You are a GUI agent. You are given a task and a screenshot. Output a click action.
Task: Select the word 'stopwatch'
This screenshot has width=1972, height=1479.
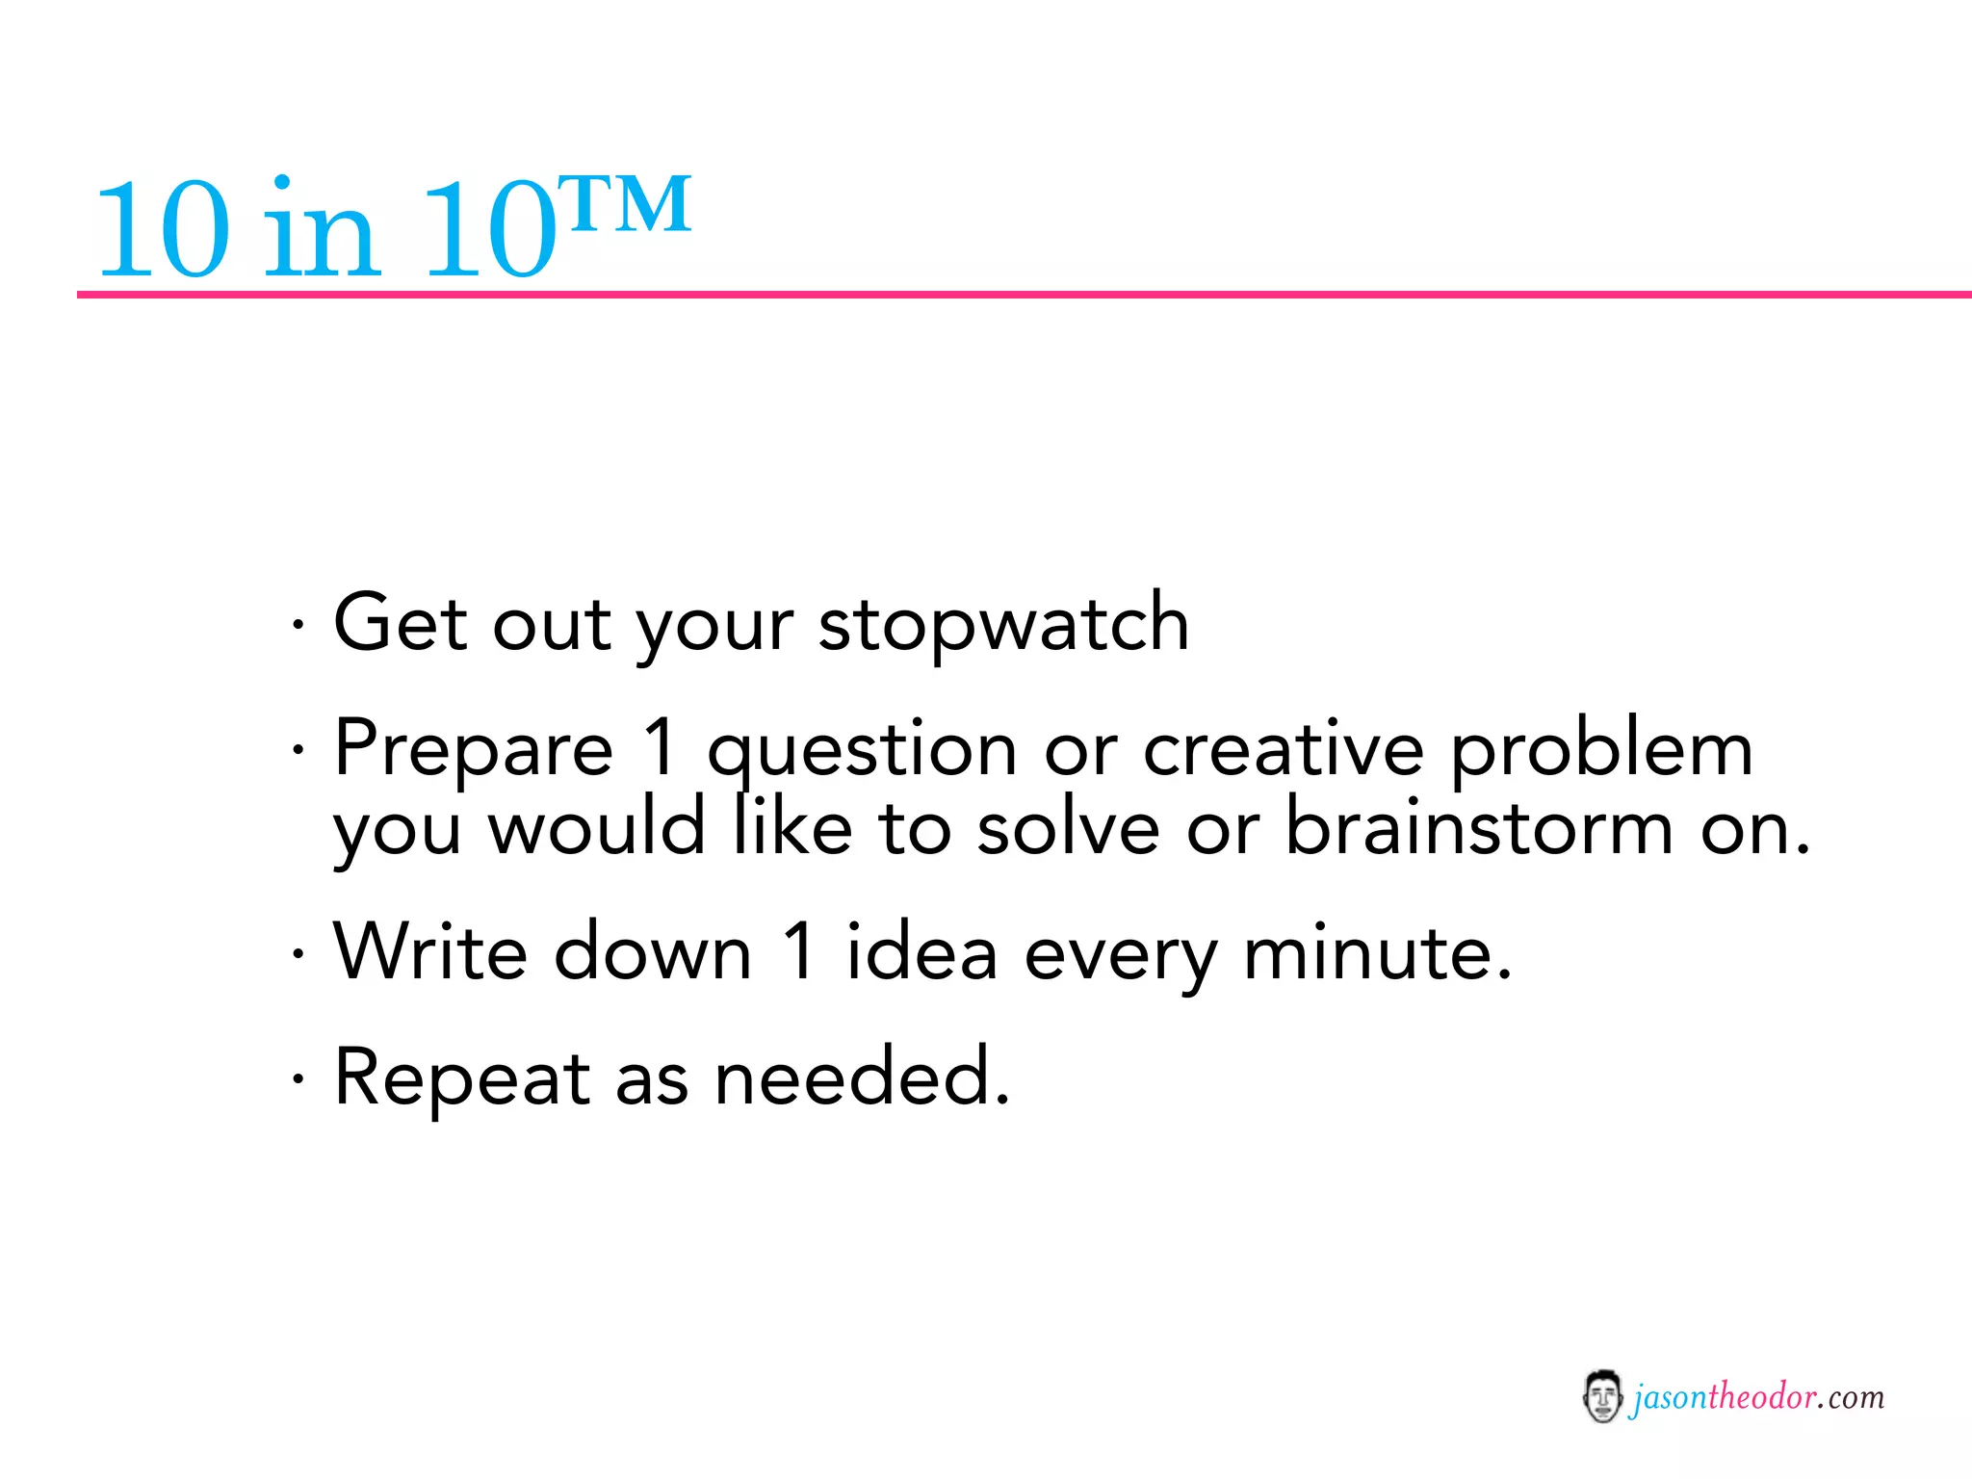pos(1003,624)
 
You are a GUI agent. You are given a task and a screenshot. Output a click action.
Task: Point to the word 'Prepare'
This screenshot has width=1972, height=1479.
pos(473,749)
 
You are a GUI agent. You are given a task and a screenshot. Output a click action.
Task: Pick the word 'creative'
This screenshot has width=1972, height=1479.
pos(1283,749)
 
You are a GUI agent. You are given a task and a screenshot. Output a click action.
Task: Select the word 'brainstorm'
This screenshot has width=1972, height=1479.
pos(1480,828)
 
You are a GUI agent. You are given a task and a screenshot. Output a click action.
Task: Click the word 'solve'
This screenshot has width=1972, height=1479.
pos(1068,828)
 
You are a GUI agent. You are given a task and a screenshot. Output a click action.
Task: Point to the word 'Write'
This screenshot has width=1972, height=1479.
pos(430,951)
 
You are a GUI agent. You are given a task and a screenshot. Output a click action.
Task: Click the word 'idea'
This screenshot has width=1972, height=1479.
pos(921,951)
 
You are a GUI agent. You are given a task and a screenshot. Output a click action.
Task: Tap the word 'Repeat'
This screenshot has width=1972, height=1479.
pos(461,1077)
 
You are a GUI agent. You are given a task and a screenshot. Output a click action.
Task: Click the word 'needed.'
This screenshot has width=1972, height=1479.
pos(863,1077)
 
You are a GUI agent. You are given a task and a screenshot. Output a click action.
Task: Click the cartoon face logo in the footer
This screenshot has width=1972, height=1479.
pos(1602,1397)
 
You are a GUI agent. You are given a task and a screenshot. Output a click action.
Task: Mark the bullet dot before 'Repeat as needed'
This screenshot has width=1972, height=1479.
pos(298,1078)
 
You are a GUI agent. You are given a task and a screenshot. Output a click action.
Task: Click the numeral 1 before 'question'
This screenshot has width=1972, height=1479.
pos(661,749)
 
